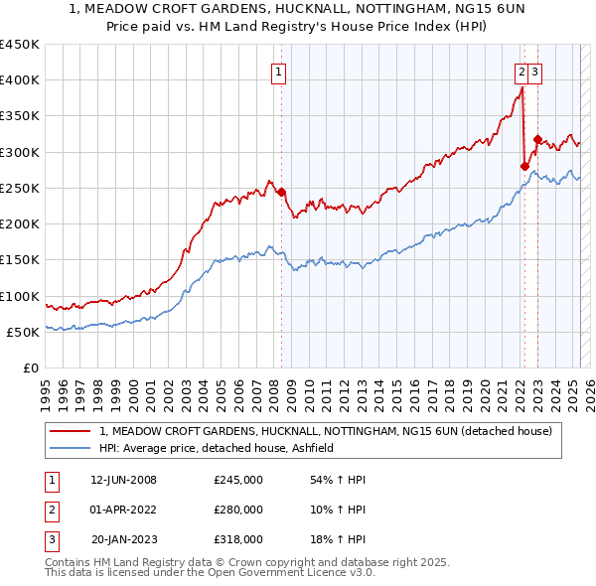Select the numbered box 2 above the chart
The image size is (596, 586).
[x=521, y=72]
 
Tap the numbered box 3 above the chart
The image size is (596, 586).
[x=535, y=72]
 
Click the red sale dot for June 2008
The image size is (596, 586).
[x=281, y=192]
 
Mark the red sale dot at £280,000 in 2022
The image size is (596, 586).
[x=524, y=167]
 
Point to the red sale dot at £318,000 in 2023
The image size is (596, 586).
[x=537, y=139]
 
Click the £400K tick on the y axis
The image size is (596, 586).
[x=20, y=80]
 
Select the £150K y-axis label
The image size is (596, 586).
[x=20, y=260]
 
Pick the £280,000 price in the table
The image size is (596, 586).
[x=238, y=510]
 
